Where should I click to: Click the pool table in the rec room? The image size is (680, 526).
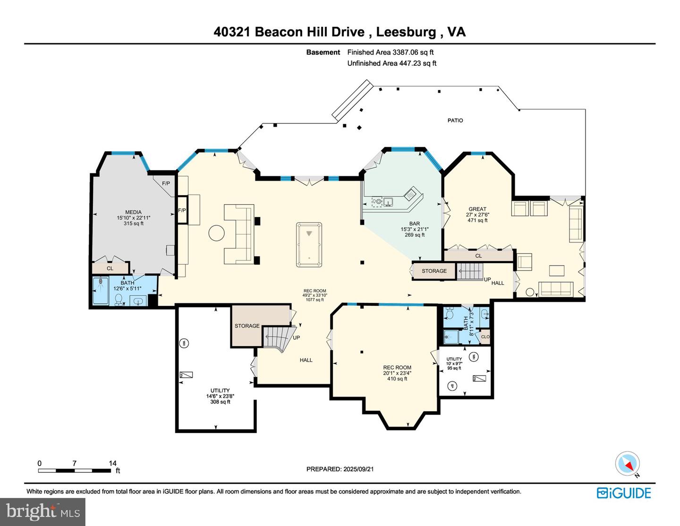(309, 244)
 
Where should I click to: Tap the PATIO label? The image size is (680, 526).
(455, 121)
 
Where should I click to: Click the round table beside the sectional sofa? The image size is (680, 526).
(217, 233)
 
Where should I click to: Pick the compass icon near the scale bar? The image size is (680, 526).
(627, 464)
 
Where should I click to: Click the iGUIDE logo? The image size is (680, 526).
(624, 493)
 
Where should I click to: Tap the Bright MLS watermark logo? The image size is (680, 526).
(42, 512)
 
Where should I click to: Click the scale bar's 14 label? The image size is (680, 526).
(112, 463)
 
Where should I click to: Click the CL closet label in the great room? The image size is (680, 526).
(478, 256)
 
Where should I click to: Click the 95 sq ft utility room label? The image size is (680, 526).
(454, 368)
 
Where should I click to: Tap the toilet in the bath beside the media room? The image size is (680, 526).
(119, 299)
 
